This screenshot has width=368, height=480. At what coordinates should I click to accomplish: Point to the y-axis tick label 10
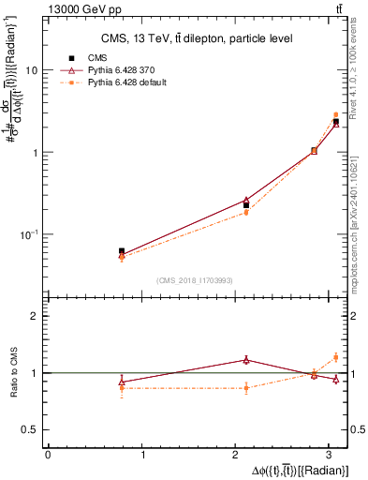(32, 70)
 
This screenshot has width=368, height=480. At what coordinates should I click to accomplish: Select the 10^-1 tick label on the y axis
(30, 233)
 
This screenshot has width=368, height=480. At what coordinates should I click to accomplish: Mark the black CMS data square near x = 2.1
(246, 204)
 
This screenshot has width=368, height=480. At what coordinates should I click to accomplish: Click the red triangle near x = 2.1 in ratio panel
(246, 359)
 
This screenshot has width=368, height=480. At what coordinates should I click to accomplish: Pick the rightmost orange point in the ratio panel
(336, 357)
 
